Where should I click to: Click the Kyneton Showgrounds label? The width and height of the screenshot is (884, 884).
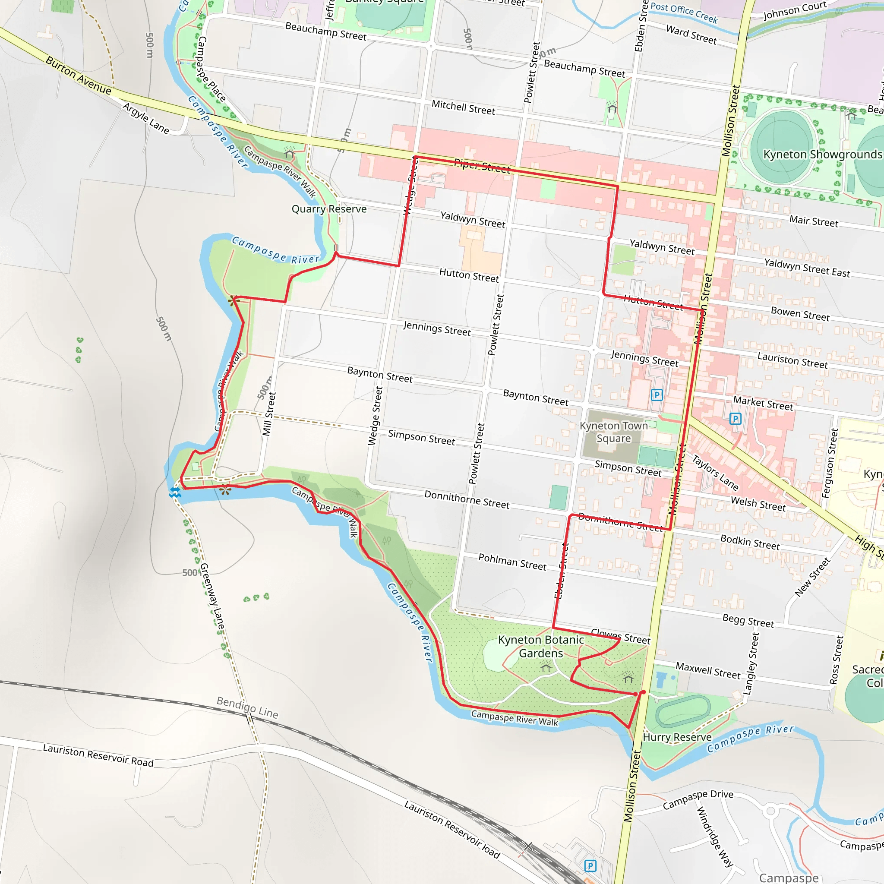(822, 154)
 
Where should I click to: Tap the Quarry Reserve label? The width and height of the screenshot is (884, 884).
(329, 209)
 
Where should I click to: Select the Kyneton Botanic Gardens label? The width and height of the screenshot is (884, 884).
(541, 646)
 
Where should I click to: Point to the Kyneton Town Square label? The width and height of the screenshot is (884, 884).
(614, 432)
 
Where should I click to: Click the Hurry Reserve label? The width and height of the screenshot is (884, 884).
(677, 737)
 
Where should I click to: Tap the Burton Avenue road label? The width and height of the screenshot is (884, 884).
(78, 76)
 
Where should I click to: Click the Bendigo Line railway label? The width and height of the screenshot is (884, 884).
(247, 707)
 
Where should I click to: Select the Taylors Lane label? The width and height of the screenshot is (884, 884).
(715, 472)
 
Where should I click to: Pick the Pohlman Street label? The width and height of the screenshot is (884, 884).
(512, 562)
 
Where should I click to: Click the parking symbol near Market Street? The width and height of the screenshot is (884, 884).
(735, 418)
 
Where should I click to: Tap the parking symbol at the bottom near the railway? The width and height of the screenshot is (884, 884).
(590, 866)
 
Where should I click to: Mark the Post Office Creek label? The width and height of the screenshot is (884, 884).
(684, 13)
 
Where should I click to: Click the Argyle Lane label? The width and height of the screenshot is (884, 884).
(145, 118)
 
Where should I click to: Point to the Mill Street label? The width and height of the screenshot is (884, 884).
(269, 414)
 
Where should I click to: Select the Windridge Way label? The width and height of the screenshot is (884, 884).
(715, 837)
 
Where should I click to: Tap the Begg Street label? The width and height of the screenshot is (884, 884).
(748, 621)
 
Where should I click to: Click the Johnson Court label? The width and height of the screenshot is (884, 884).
(795, 10)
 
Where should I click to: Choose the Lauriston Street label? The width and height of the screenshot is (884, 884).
(792, 360)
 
